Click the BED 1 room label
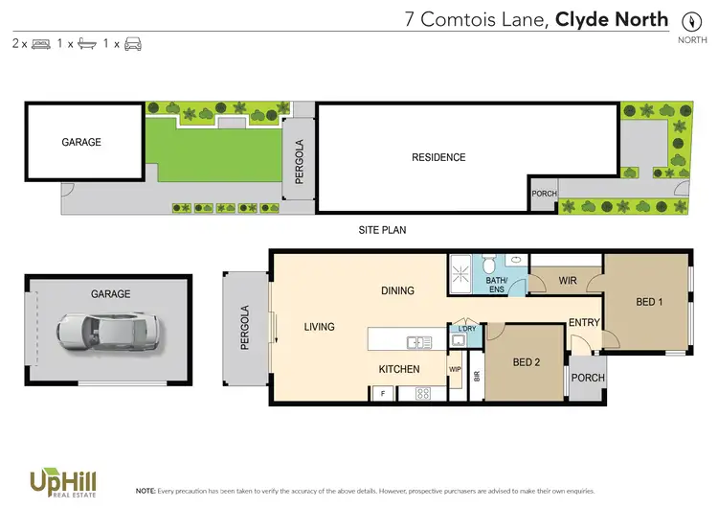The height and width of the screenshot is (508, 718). tap(649, 302)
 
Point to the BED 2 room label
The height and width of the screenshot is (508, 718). tap(526, 362)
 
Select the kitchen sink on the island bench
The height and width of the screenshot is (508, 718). tap(419, 341)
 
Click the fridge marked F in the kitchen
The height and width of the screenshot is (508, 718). tap(384, 393)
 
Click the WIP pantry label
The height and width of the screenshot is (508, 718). tap(455, 368)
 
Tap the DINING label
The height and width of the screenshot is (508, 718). tap(397, 290)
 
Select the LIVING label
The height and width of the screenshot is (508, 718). tap(319, 327)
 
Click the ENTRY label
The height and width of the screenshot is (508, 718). tap(583, 323)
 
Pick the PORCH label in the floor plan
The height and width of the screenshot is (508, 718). tap(588, 378)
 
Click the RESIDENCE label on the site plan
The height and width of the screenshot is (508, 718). tap(438, 157)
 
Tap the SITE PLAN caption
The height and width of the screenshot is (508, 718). tap(383, 231)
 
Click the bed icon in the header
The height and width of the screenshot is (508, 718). tap(41, 44)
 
